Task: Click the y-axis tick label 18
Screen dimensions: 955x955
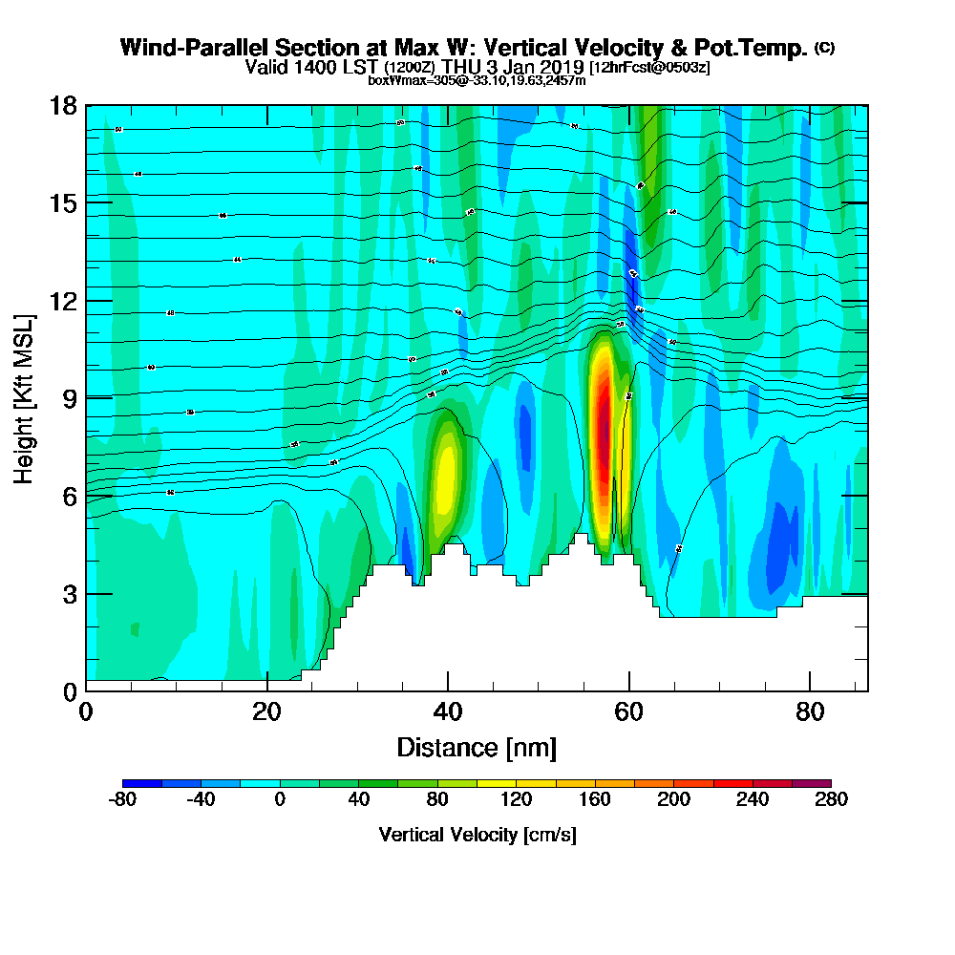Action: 63,105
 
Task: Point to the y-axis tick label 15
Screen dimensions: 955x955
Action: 63,202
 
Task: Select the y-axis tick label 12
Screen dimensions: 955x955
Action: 63,301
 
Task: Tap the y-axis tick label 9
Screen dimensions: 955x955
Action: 70,398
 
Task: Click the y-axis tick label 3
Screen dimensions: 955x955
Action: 70,594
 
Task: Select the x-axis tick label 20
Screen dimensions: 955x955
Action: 267,711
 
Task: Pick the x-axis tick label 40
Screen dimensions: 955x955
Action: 448,711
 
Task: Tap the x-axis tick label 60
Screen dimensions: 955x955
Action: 629,711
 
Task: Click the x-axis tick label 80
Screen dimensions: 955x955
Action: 810,711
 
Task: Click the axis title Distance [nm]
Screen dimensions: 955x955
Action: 477,747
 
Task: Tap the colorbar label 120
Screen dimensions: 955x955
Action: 516,799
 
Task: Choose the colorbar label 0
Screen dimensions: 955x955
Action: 280,799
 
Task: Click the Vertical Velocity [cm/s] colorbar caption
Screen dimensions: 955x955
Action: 477,835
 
